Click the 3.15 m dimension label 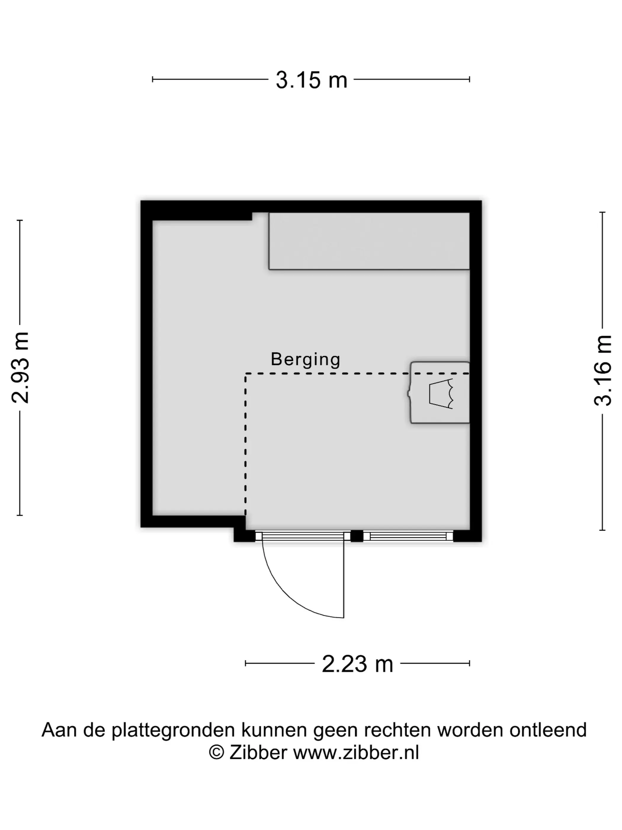pos(311,80)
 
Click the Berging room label pos(306,360)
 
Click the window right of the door pos(408,536)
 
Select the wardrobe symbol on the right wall pos(440,392)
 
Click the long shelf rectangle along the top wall pos(369,241)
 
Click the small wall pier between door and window pos(357,536)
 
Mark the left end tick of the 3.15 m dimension pos(153,79)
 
